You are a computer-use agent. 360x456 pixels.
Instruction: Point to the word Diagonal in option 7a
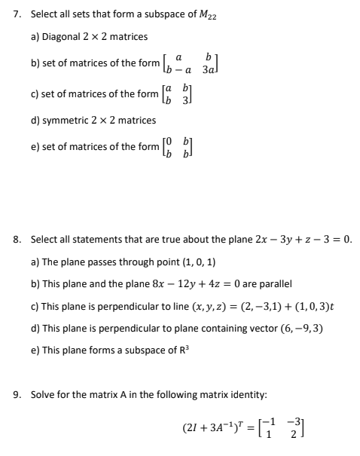point(63,36)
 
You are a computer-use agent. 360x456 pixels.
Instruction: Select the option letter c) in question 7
point(35,93)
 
